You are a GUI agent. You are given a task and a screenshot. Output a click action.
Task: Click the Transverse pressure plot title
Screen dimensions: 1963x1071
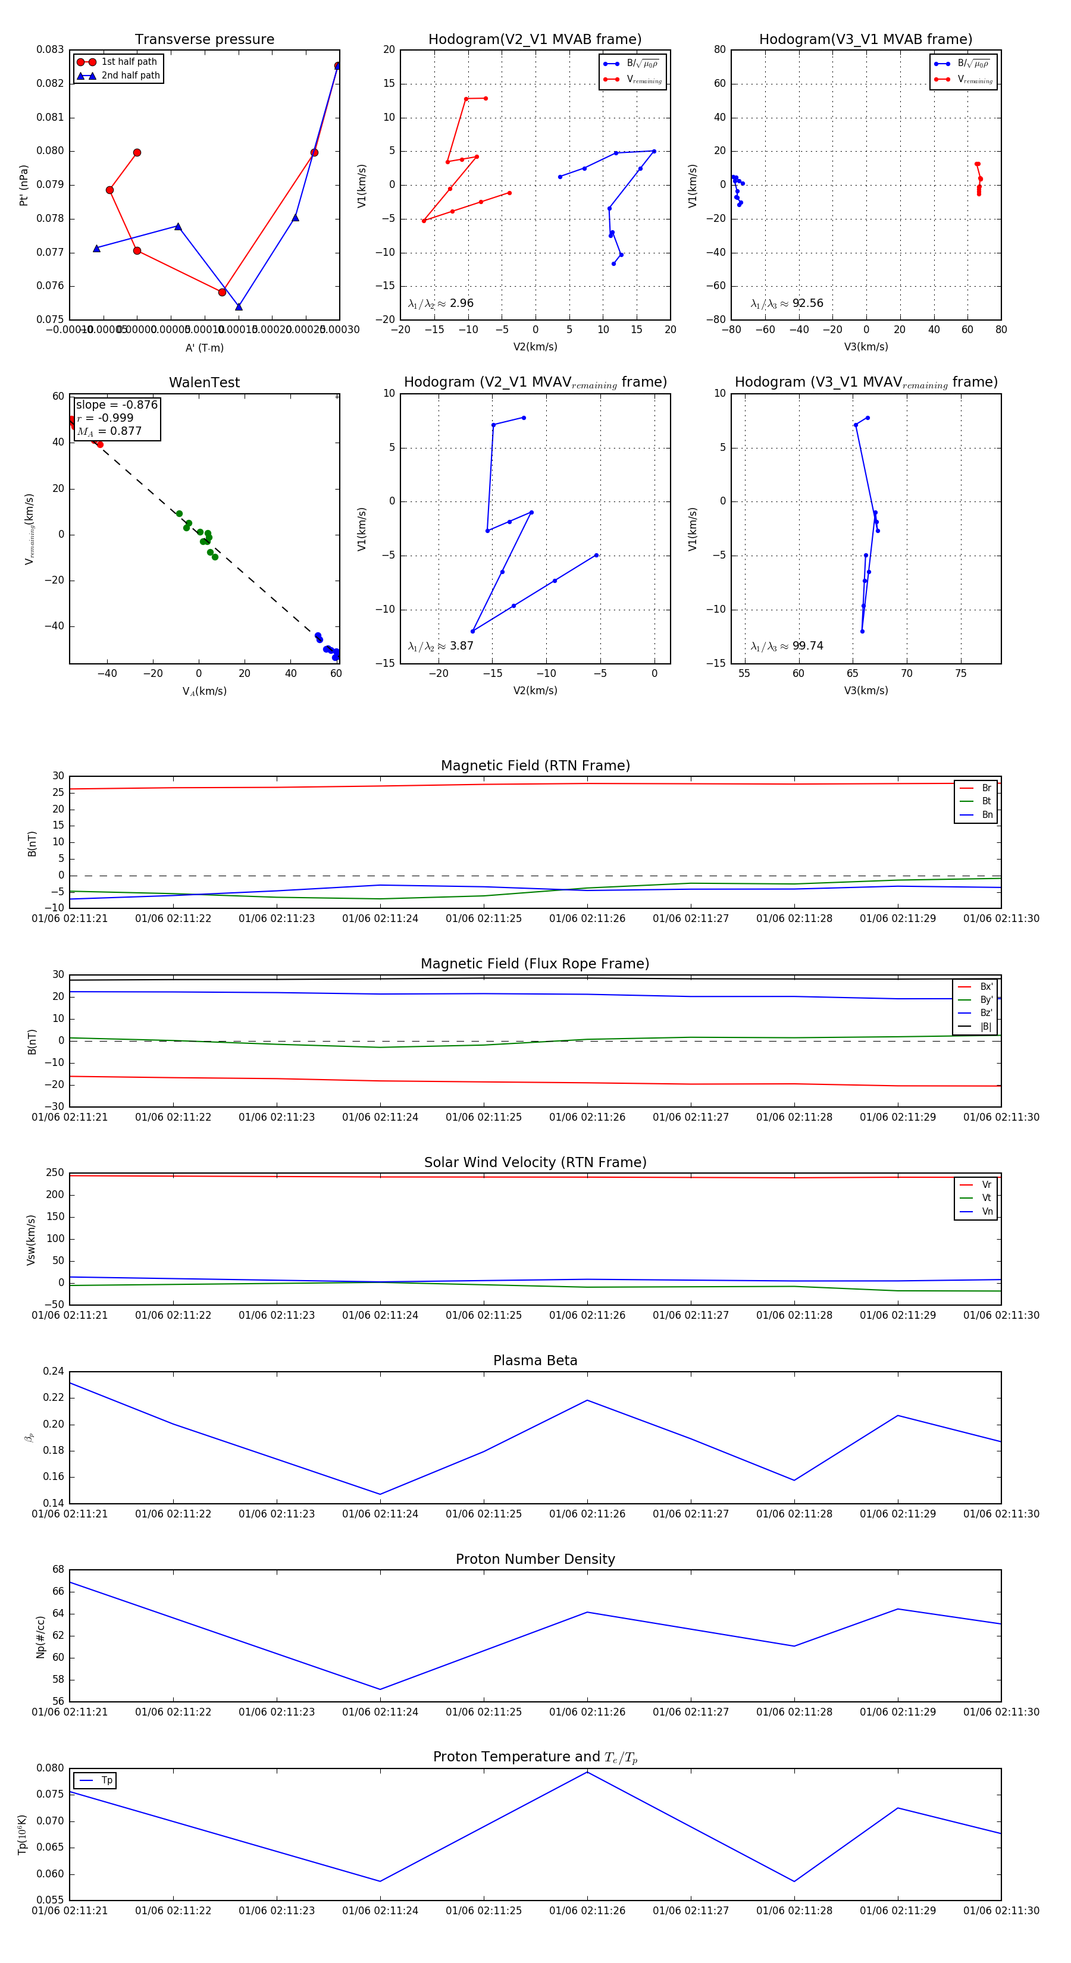(204, 40)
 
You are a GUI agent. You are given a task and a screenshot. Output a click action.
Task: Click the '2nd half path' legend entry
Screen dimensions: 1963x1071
(130, 76)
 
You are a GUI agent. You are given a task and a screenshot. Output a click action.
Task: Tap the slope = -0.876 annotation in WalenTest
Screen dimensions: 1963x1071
(117, 404)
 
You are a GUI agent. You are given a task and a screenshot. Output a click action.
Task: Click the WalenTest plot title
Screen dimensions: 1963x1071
(204, 382)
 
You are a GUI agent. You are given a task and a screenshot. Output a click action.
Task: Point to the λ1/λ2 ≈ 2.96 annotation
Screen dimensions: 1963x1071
(440, 303)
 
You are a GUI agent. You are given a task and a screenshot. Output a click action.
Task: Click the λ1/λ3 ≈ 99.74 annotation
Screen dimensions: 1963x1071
(787, 646)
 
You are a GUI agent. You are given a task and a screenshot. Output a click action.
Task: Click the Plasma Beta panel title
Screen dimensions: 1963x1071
(535, 1361)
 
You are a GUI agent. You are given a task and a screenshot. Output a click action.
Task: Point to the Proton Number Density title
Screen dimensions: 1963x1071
(535, 1559)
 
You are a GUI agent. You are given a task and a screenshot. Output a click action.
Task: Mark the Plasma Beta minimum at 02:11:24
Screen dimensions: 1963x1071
(380, 1494)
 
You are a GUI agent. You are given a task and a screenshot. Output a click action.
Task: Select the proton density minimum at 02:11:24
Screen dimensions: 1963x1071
(380, 1689)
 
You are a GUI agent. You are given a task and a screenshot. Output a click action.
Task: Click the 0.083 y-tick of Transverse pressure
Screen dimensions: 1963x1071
(51, 49)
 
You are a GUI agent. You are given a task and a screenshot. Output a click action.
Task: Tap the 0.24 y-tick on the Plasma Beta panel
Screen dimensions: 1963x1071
(54, 1372)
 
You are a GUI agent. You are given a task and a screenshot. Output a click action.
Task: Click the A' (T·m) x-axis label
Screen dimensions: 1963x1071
(204, 347)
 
